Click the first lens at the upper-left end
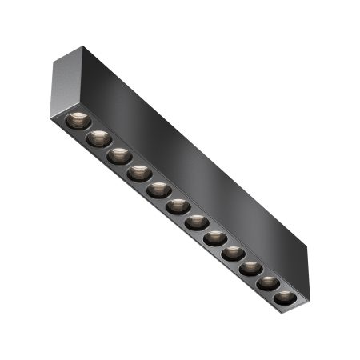tap(78, 121)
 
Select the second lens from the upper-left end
tap(99, 138)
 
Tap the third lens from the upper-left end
tap(120, 155)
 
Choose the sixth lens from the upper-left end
tap(178, 206)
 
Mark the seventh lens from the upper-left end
tap(197, 222)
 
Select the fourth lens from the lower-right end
tap(233, 254)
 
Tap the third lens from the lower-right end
tap(250, 269)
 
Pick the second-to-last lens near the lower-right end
tap(267, 283)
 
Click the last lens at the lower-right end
tap(283, 298)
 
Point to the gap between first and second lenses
tap(88, 130)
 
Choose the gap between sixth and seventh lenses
tap(188, 214)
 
